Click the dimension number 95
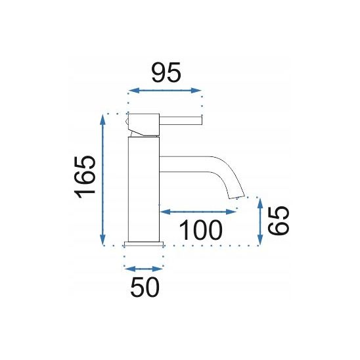[166, 72]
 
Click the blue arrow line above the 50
[143, 268]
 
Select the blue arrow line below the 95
[164, 91]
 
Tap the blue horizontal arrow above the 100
[198, 212]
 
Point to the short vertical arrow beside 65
[261, 221]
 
